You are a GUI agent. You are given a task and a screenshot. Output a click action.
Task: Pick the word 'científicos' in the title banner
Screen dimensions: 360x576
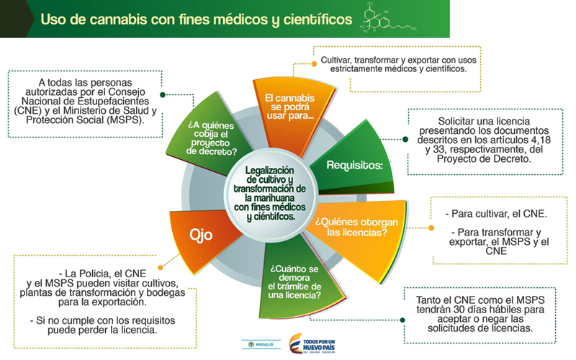(300, 19)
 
